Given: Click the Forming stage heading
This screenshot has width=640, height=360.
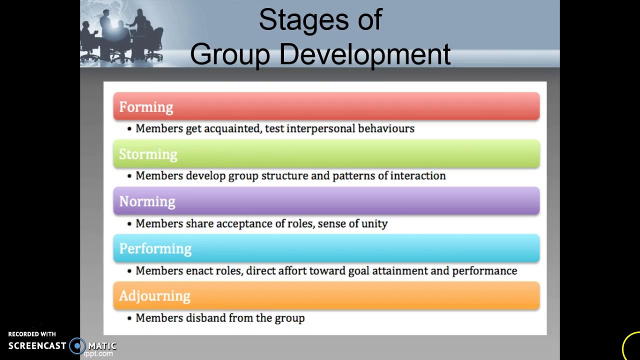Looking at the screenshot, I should tap(146, 107).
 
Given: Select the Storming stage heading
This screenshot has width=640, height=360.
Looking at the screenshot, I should tap(148, 154).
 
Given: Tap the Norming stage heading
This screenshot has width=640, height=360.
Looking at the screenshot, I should tap(147, 201).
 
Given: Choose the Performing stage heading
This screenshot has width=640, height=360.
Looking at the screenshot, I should tap(155, 248).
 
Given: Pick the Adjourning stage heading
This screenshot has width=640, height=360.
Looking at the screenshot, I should tap(154, 296).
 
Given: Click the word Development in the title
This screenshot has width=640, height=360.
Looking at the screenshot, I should tap(364, 54).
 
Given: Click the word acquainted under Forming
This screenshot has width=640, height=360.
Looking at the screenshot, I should tap(232, 129).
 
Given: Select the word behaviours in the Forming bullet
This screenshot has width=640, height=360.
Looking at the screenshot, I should tap(386, 128).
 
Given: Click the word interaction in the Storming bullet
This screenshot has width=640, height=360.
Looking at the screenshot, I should tap(417, 176).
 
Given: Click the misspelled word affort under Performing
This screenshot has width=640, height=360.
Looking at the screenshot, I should tap(292, 270).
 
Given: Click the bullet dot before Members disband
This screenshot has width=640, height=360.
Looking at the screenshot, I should tap(129, 318).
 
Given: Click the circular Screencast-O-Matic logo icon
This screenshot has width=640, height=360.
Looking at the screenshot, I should tap(77, 345).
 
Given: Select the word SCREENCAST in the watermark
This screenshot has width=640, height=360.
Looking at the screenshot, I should tap(37, 345).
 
